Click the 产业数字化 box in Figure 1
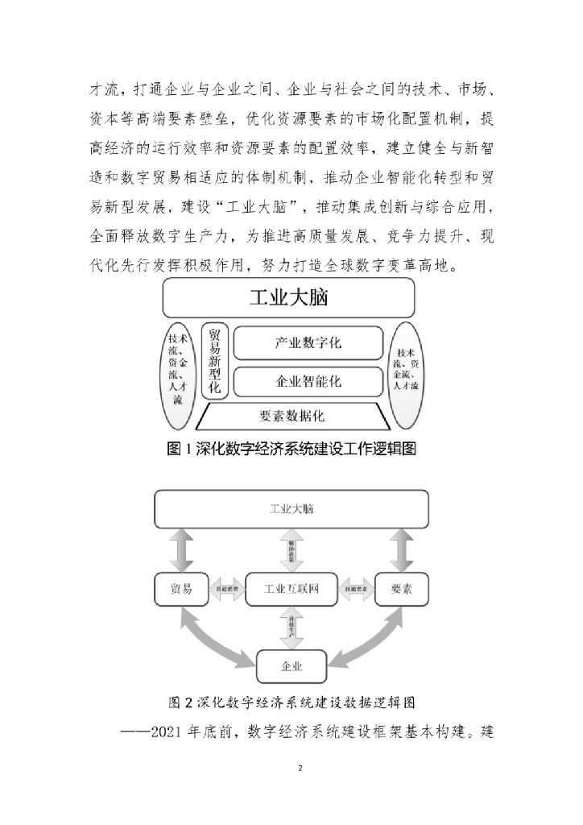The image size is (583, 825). (308, 343)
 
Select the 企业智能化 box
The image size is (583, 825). (308, 379)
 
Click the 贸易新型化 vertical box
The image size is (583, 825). (214, 360)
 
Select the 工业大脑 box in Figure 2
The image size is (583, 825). (291, 510)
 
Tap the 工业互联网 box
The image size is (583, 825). (291, 589)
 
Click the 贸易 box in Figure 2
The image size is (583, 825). (181, 589)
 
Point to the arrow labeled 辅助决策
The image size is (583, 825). (291, 550)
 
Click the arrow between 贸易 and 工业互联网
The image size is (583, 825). (227, 590)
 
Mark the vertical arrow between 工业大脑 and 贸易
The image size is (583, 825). (181, 550)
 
